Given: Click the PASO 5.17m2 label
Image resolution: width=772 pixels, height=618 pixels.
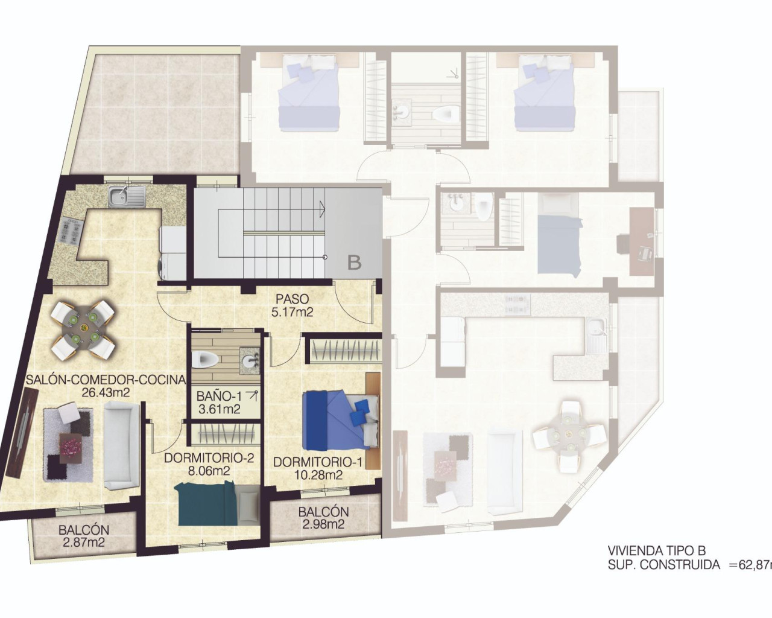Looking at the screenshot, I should click(x=293, y=305).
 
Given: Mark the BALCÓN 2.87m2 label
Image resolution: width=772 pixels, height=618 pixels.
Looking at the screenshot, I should click(x=83, y=536).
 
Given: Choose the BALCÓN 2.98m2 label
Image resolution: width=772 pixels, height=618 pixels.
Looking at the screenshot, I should click(x=323, y=518).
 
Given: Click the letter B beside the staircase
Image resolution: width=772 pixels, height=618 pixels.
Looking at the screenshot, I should click(x=354, y=263).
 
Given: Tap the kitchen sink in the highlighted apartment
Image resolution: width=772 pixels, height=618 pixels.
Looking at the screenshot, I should click(x=127, y=195).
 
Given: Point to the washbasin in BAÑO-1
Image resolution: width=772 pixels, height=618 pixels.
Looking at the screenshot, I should click(x=248, y=360).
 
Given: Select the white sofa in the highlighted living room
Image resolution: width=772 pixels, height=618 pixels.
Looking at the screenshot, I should click(x=122, y=445).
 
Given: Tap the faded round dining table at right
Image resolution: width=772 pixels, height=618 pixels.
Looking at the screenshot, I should click(x=568, y=433).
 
